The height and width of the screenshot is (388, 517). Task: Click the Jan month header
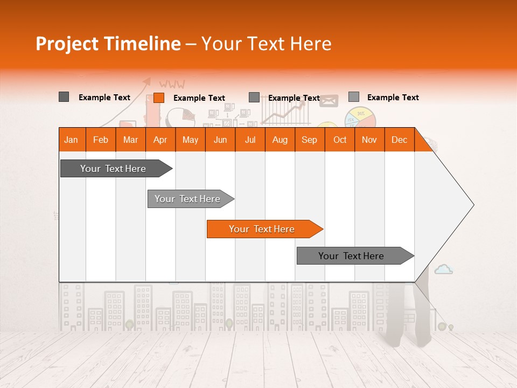[72, 140]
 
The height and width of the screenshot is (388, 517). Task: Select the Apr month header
[160, 140]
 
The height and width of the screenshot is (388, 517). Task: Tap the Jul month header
[250, 140]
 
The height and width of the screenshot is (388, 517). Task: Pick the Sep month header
[309, 140]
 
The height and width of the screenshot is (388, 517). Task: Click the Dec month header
[399, 140]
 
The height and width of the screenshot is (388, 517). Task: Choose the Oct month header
[340, 140]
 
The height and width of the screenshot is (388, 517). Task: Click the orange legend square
[158, 98]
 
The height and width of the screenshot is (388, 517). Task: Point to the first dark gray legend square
[64, 97]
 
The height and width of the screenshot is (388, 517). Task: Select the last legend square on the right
[353, 97]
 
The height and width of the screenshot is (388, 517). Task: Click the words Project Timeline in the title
[108, 44]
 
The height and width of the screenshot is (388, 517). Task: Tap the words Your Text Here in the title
[267, 44]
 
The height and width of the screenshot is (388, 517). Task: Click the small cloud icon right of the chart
[443, 269]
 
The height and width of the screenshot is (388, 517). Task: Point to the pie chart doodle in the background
[360, 117]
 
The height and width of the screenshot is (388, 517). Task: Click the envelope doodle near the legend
[329, 101]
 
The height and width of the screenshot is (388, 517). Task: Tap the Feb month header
[101, 140]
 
